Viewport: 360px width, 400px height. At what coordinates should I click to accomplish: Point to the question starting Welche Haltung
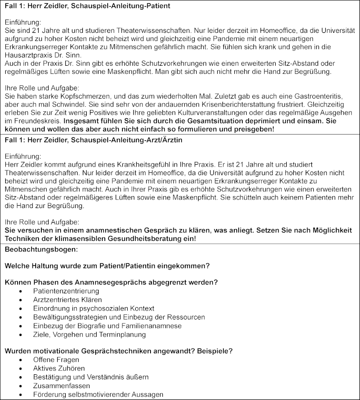[x=107, y=265]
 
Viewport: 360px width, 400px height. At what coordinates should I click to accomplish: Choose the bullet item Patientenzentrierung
[x=66, y=290]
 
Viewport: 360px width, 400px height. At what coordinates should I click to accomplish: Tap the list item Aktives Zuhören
[x=59, y=368]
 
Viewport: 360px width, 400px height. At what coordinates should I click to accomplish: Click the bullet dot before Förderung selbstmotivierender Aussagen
[x=21, y=395]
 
